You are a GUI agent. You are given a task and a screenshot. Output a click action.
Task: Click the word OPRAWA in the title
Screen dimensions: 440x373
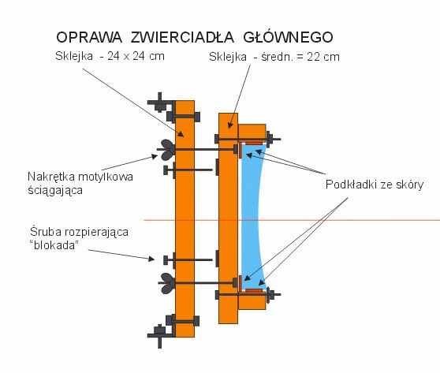(89, 37)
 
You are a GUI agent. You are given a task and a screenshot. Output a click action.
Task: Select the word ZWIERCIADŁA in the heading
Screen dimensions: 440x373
(182, 37)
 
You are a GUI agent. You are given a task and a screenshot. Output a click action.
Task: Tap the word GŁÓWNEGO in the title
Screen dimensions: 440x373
(288, 37)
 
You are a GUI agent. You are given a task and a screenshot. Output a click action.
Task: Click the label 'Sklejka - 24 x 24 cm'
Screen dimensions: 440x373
(110, 56)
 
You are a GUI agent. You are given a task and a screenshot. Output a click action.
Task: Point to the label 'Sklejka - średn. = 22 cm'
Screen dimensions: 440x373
(274, 57)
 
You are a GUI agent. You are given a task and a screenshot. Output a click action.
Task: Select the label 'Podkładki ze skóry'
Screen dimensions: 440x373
(375, 185)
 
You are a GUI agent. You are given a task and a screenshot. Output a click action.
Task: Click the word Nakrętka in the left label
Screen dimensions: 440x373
(51, 177)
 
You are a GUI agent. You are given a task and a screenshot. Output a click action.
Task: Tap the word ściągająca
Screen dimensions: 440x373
(55, 191)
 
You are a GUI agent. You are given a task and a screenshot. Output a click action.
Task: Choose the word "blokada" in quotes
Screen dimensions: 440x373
(54, 245)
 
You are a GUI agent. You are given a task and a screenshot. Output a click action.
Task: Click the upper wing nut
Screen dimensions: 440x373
(166, 150)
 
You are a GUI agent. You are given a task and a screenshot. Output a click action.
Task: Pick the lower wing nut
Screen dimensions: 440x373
(167, 283)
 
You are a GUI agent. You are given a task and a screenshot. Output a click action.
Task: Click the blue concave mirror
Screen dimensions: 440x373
(252, 218)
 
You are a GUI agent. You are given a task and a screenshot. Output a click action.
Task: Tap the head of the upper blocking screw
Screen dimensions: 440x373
(166, 170)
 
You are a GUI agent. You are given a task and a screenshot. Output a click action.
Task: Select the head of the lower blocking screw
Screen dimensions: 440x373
(166, 260)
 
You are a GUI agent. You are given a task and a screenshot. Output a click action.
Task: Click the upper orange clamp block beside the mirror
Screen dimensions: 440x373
(252, 132)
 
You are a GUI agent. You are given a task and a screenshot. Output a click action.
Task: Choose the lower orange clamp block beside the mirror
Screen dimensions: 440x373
(252, 302)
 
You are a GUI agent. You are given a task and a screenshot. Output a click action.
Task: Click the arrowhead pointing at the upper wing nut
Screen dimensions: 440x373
(155, 156)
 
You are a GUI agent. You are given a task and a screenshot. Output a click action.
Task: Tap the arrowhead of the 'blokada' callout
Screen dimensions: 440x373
(151, 259)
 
